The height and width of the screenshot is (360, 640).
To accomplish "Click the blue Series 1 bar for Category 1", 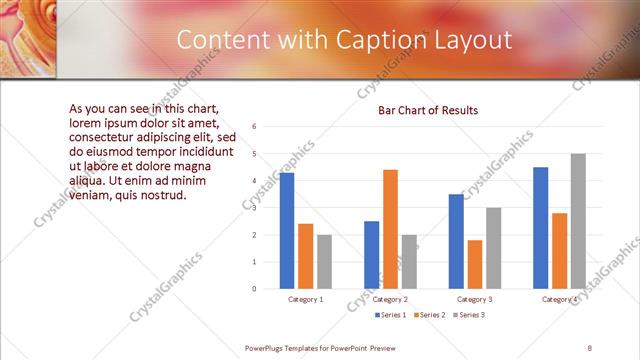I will (x=287, y=230).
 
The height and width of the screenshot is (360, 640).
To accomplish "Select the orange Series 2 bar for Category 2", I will (x=390, y=229).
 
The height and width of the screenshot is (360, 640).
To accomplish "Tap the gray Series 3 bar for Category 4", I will (x=578, y=221).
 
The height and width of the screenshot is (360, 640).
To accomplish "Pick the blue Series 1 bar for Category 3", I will (x=456, y=241).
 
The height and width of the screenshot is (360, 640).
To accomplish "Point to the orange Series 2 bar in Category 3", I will (x=475, y=264).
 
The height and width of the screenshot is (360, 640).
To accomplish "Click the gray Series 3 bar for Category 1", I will (x=324, y=261).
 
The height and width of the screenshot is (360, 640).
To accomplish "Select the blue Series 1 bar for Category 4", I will (x=541, y=227).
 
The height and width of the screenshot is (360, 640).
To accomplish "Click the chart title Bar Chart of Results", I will (x=427, y=110).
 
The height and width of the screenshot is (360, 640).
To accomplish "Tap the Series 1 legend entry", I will (x=389, y=315).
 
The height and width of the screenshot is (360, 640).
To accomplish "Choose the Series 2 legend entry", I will (x=429, y=315).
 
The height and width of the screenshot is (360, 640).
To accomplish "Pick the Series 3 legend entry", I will (x=468, y=315).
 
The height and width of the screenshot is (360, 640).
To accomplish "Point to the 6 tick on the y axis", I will (x=255, y=127).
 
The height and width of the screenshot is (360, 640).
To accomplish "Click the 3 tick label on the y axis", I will (x=255, y=208).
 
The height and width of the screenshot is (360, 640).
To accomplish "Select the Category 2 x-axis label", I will (x=390, y=299).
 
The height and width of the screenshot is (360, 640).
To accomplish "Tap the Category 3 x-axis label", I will (x=475, y=299).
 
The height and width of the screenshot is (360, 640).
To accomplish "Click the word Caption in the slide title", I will (x=380, y=39).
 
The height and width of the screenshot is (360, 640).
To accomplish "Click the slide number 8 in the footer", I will (x=590, y=348).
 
